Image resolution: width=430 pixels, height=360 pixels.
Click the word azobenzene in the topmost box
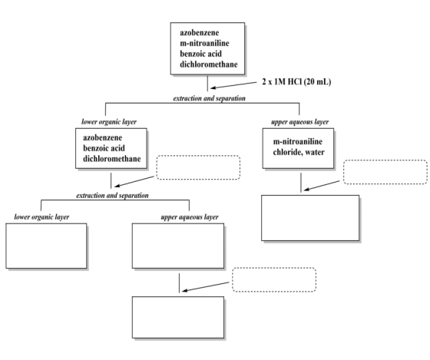(200, 33)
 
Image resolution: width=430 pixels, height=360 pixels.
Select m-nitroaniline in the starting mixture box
(204, 43)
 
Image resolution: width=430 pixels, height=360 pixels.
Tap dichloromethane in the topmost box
(209, 64)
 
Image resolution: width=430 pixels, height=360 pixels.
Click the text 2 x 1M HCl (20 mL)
(296, 81)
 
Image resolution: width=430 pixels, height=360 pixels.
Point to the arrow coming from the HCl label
(233, 85)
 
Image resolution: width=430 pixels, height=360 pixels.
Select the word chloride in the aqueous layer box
(286, 152)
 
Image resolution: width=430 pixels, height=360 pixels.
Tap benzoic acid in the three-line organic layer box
(104, 148)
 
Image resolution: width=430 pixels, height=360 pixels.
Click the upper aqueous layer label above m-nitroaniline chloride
(299, 122)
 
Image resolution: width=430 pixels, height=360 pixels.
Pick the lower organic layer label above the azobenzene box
(109, 122)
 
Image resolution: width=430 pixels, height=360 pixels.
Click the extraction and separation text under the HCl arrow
(209, 98)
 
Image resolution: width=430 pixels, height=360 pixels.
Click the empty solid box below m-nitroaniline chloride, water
(310, 218)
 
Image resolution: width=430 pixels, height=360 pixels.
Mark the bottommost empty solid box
(178, 317)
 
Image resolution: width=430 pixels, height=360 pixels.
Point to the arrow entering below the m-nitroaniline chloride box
(322, 185)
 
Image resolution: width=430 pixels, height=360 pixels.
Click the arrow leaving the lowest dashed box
(206, 286)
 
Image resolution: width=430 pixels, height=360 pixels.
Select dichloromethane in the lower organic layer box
(112, 159)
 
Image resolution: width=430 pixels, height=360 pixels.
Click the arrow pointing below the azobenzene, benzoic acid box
(134, 181)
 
